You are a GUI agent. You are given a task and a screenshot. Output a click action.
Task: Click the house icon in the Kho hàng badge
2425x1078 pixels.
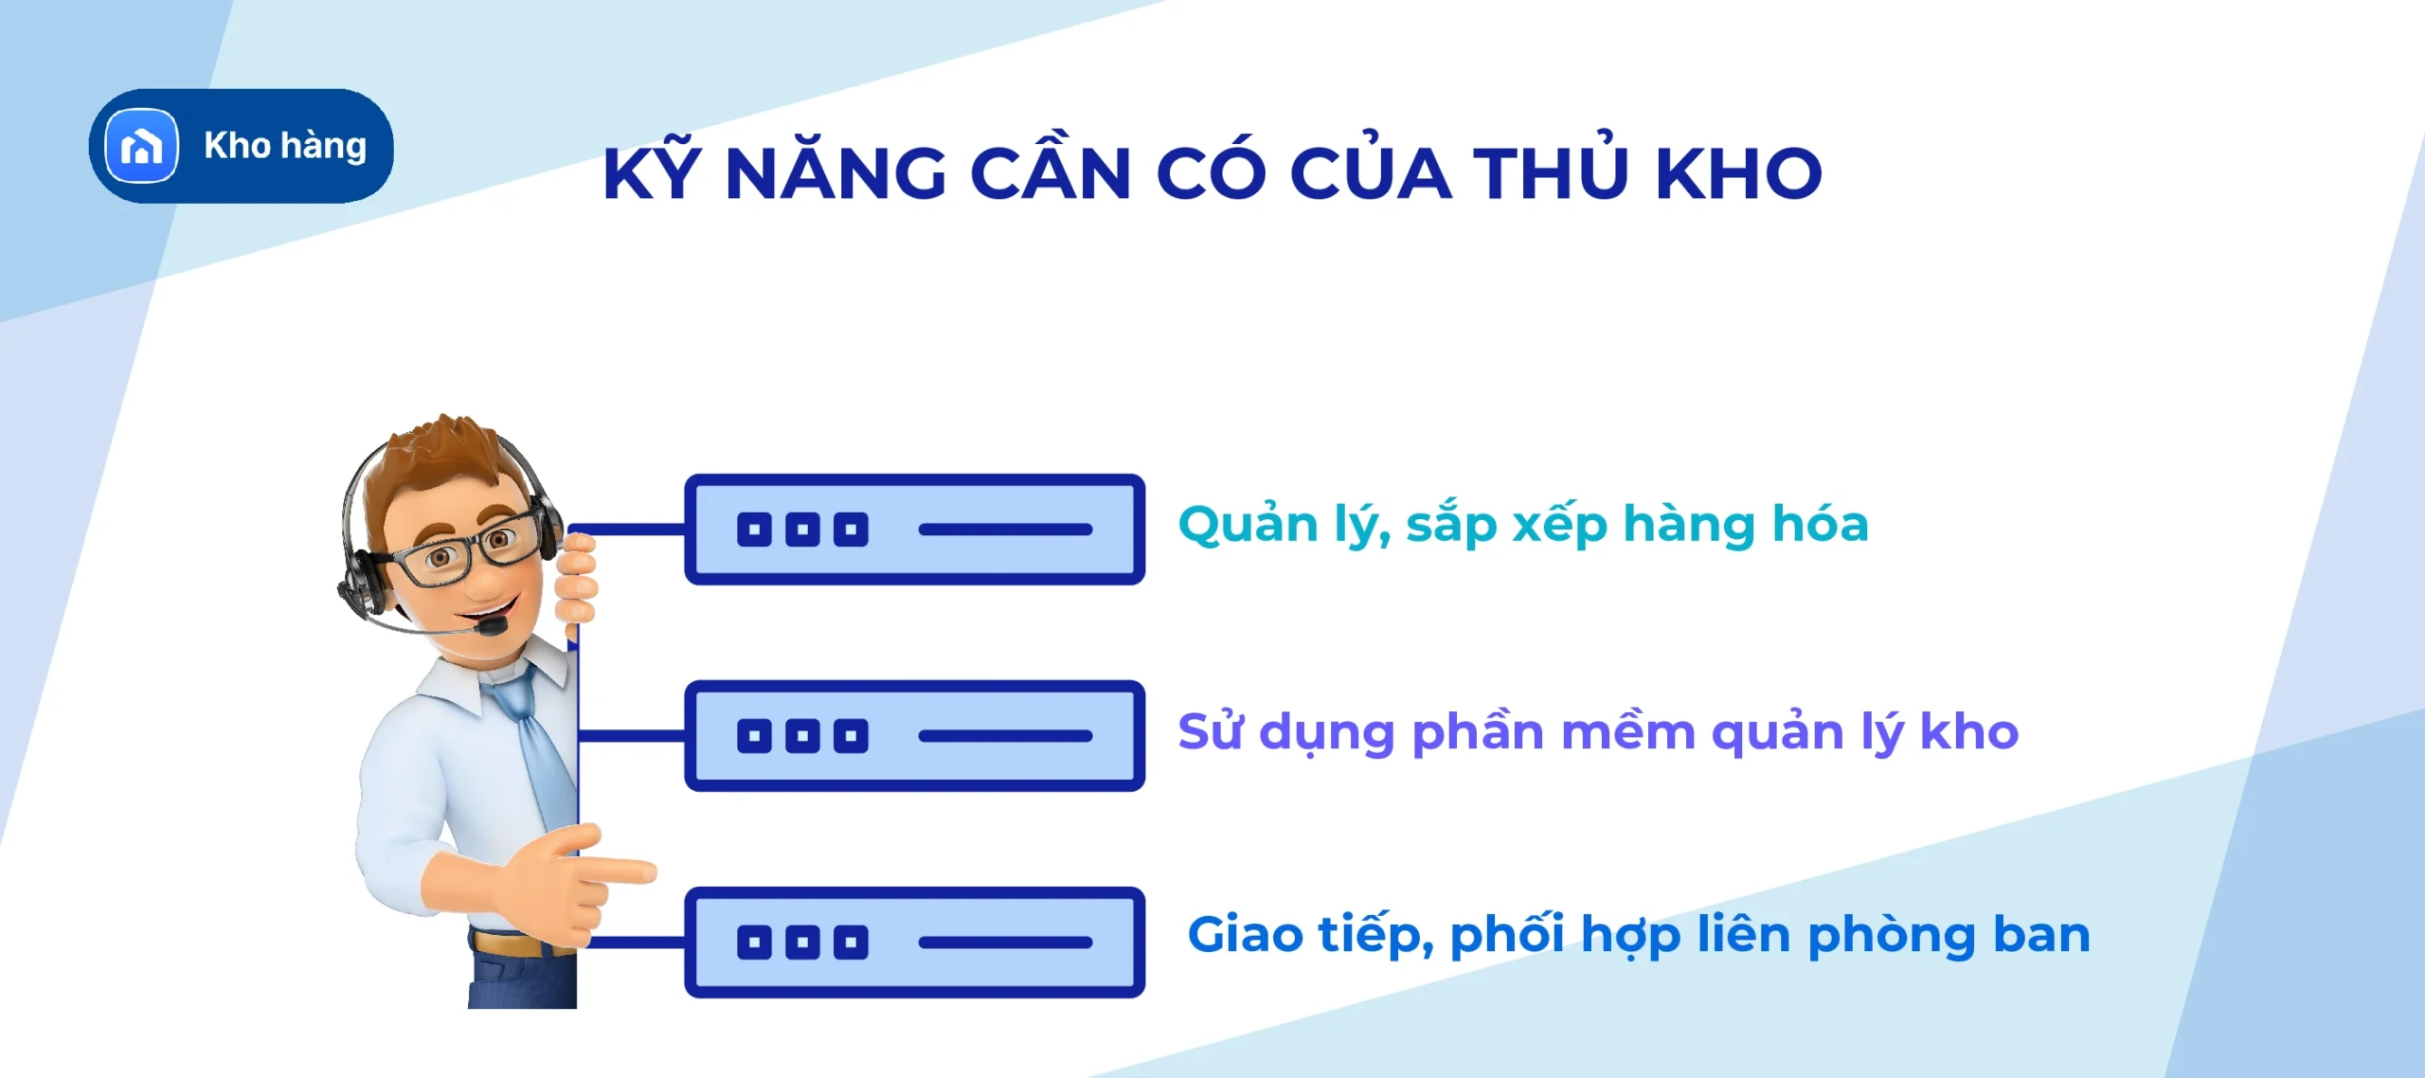142,146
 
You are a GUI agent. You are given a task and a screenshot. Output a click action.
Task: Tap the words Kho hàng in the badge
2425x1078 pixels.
285,146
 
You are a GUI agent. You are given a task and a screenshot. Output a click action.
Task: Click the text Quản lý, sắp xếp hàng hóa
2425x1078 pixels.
1522,524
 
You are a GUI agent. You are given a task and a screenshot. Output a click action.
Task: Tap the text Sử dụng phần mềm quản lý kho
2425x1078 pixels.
1597,732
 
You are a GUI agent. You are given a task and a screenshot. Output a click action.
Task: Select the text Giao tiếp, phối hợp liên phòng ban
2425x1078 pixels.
1638,935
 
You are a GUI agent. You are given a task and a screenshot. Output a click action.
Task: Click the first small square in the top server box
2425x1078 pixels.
754,530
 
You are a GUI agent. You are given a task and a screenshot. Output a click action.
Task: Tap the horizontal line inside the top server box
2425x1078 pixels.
1005,530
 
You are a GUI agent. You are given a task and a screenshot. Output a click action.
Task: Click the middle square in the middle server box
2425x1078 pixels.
802,736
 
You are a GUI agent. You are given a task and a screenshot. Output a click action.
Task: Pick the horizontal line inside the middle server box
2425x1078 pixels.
1005,736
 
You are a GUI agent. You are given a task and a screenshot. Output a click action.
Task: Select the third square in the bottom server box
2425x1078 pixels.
851,943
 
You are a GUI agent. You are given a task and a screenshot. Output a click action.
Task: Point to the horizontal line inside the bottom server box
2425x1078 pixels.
1005,943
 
